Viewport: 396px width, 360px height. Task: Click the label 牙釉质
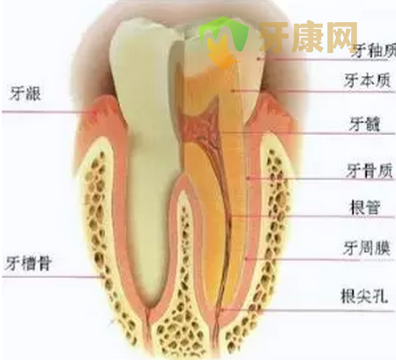click(374, 51)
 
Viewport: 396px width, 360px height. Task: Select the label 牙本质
click(368, 80)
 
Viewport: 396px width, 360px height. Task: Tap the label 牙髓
click(364, 124)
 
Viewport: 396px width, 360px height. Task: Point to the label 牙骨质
click(370, 170)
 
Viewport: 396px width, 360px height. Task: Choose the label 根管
click(365, 207)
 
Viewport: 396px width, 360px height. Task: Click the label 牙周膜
click(367, 249)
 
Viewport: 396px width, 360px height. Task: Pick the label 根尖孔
click(364, 296)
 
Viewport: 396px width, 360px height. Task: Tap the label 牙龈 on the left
click(25, 94)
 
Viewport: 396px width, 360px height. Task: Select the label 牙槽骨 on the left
click(28, 263)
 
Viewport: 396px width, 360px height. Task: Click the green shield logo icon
click(223, 42)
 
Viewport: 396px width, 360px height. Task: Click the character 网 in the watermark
click(342, 37)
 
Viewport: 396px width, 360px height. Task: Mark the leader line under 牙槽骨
click(53, 277)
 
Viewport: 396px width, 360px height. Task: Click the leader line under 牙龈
click(48, 112)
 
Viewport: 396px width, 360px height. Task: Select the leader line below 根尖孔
click(308, 311)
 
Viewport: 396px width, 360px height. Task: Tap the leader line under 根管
click(312, 217)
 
